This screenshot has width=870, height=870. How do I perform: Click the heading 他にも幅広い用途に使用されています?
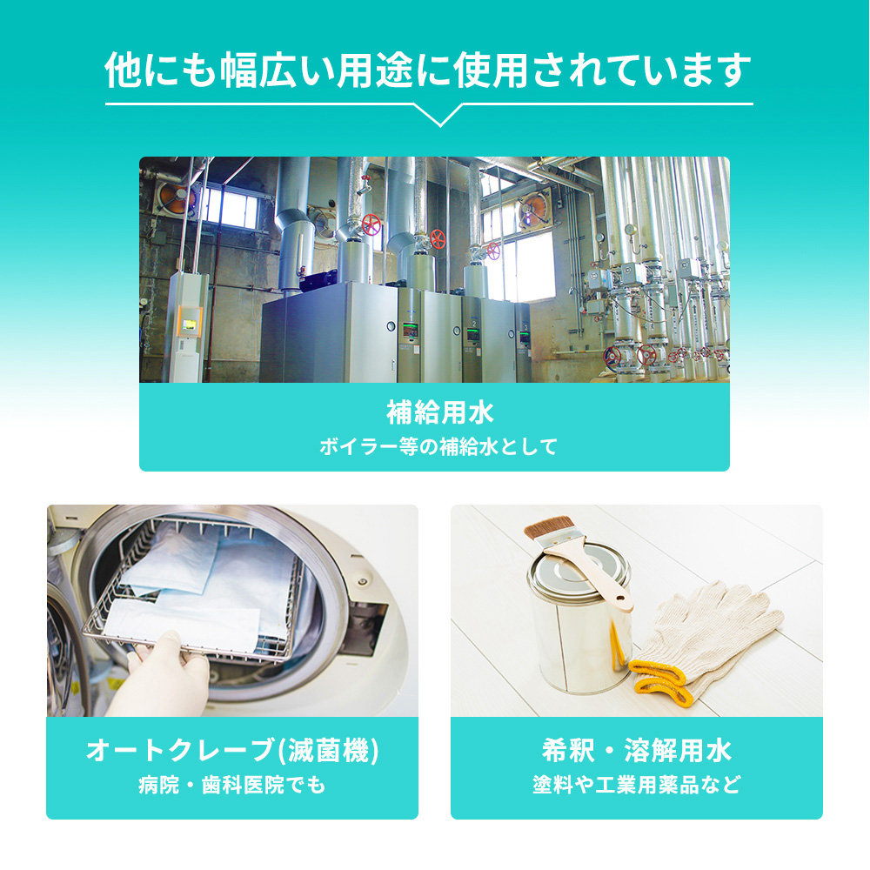pyautogui.click(x=428, y=70)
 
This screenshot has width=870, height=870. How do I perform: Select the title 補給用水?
pyautogui.click(x=440, y=412)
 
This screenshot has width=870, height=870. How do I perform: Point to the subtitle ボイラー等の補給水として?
pyautogui.click(x=438, y=446)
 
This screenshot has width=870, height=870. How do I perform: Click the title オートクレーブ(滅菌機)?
pyautogui.click(x=232, y=750)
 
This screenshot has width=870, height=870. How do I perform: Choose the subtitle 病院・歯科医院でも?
pyautogui.click(x=232, y=785)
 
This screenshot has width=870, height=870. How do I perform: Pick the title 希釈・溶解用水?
pyautogui.click(x=637, y=750)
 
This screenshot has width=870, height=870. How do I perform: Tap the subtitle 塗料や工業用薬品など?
pyautogui.click(x=637, y=785)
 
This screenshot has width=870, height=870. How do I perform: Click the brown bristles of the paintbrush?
pyautogui.click(x=549, y=527)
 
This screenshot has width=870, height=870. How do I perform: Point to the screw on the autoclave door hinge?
pyautogui.click(x=363, y=582)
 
